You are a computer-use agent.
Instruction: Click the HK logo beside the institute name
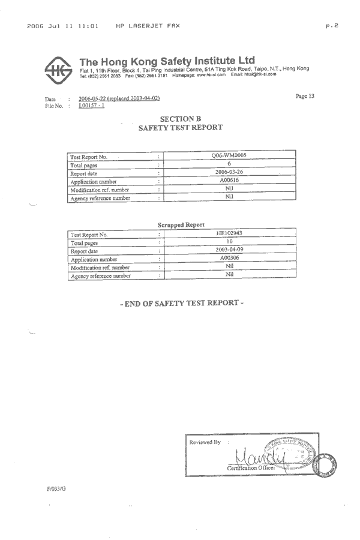pyautogui.click(x=58, y=70)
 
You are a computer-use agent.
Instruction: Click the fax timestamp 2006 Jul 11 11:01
pyautogui.click(x=62, y=26)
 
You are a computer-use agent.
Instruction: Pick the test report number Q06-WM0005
pyautogui.click(x=229, y=155)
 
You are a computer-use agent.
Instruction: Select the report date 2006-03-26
pyautogui.click(x=229, y=172)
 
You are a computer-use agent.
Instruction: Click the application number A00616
pyautogui.click(x=229, y=180)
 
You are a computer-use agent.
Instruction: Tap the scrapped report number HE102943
pyautogui.click(x=229, y=233)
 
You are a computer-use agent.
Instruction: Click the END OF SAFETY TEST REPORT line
pyautogui.click(x=181, y=303)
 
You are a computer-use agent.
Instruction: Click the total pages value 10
pyautogui.click(x=229, y=241)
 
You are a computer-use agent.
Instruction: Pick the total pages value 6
pyautogui.click(x=229, y=163)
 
